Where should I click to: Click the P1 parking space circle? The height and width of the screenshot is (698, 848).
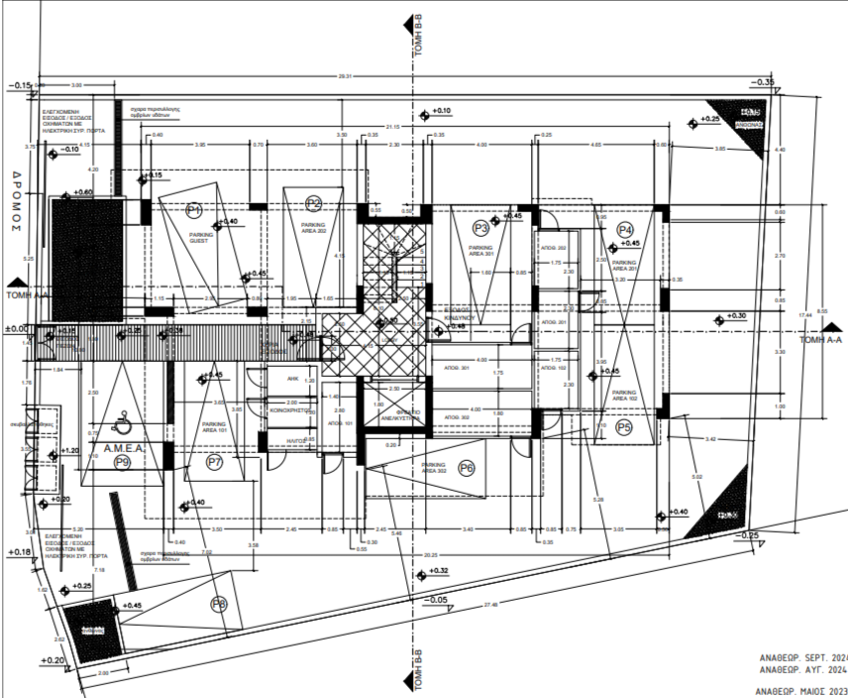194,209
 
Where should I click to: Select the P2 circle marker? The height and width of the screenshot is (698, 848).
314,203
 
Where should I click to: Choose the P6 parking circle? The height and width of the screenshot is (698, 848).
467,468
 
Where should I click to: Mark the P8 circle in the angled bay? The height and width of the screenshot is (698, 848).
219,603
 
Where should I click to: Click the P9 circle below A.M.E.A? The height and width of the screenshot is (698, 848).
123,461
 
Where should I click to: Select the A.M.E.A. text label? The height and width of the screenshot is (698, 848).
122,447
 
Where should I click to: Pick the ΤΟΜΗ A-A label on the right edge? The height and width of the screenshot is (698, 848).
820,339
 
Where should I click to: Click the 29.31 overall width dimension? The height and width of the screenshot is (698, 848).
345,76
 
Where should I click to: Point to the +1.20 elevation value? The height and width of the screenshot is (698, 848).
69,450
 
